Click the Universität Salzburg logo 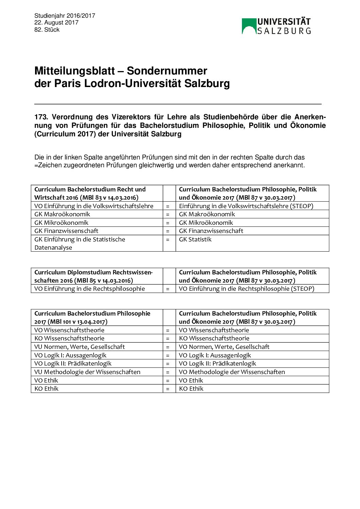tap(276, 26)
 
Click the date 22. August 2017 tap(56, 22)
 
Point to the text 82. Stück tap(47, 30)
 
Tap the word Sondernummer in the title tap(167, 71)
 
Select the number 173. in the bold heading tap(41, 117)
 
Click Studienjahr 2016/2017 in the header tap(65, 16)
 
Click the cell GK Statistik tap(195, 239)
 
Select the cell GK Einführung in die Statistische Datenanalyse tap(80, 243)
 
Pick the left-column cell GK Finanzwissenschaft tap(66, 231)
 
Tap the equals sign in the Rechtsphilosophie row tap(167, 289)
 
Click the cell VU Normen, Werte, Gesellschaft tap(80, 347)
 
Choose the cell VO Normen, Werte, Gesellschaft tap(224, 347)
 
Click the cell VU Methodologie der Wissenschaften tap(87, 372)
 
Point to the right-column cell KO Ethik tap(191, 389)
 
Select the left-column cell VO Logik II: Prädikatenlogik tap(73, 363)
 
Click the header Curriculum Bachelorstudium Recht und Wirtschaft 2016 tap(90, 193)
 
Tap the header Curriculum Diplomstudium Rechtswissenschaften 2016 tap(93, 276)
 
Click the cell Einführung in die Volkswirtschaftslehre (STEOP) tap(246, 206)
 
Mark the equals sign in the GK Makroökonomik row tap(167, 215)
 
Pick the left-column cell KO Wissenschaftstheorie tap(69, 338)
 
